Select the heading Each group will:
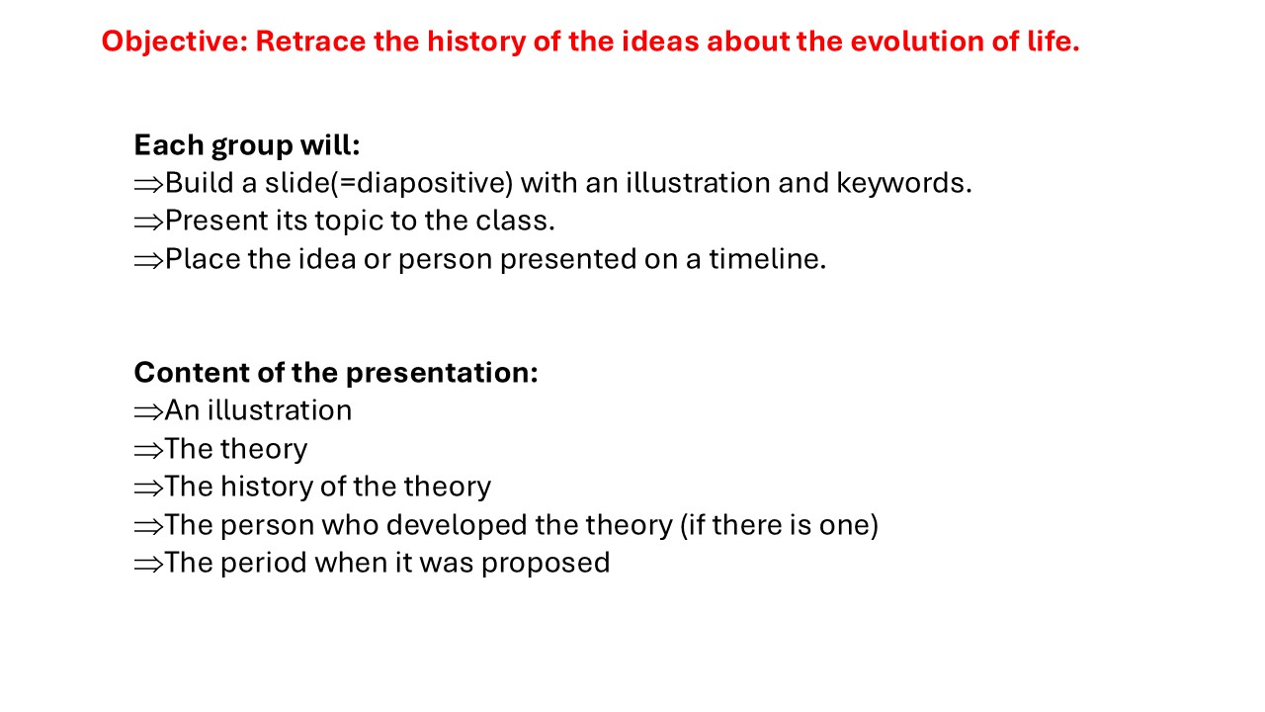[x=247, y=146]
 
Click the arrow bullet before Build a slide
[x=148, y=185]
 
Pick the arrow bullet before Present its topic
[x=148, y=222]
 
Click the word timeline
[x=768, y=259]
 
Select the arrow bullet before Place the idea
[x=148, y=261]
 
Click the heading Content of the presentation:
[x=336, y=373]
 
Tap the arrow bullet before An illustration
[x=148, y=412]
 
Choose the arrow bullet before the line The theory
[x=148, y=451]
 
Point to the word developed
[x=457, y=525]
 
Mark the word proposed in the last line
[x=546, y=564]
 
